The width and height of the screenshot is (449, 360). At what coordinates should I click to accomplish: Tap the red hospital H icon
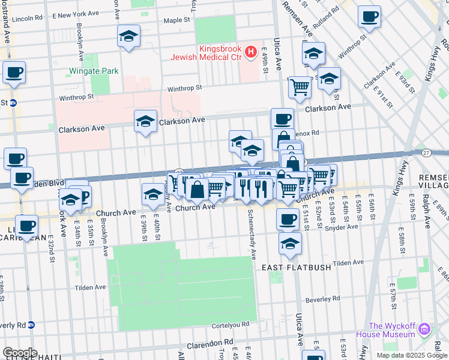point(252,53)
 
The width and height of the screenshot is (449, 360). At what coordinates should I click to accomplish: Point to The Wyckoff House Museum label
point(393,330)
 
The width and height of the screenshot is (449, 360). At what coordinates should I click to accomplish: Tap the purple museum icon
point(425,329)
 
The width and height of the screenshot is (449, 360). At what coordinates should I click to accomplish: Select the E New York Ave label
point(76,13)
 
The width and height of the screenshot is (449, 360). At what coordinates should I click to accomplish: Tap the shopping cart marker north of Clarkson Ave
point(300,87)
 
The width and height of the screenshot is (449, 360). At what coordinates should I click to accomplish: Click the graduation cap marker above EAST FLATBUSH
point(290,244)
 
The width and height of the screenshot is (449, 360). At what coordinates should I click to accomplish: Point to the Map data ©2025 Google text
point(411,355)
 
